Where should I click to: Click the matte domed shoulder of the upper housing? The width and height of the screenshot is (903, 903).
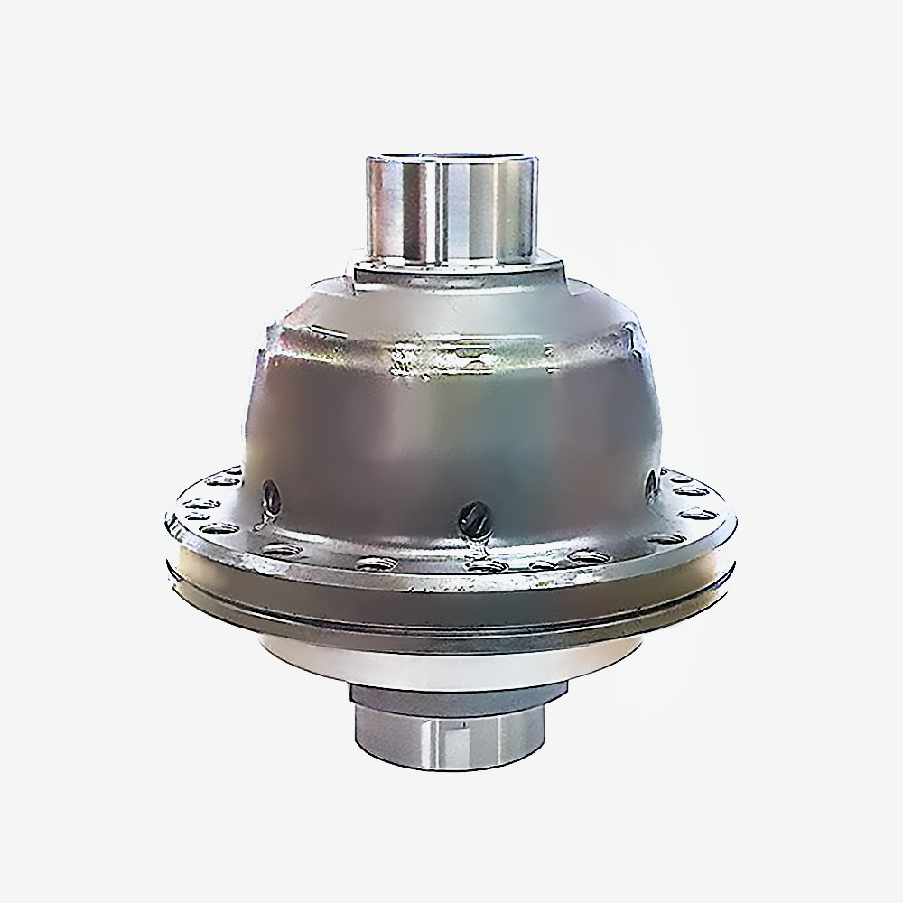pyautogui.click(x=451, y=307)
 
